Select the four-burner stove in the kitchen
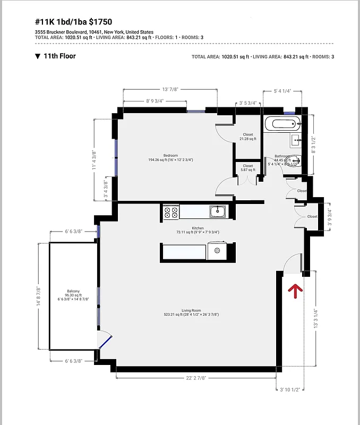171,212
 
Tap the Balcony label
73,291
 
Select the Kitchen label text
191,228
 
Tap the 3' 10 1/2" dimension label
290,389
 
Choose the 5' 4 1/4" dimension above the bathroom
281,90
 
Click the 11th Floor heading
59,56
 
